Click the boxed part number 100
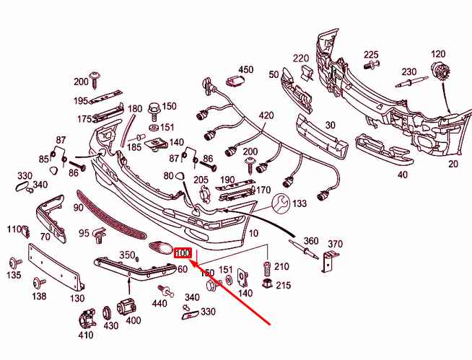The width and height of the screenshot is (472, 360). [183, 253]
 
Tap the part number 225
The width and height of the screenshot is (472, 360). [371, 55]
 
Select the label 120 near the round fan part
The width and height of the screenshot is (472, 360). [439, 55]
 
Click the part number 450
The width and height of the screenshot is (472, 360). [246, 69]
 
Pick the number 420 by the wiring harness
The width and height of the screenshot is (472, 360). [266, 115]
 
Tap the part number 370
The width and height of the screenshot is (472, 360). [335, 243]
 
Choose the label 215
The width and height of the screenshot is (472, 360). [283, 286]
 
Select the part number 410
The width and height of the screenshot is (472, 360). [86, 335]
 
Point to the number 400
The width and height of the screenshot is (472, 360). [134, 320]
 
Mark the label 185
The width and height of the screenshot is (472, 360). [135, 147]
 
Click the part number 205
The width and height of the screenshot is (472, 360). [201, 180]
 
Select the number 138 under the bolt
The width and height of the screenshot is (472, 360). [39, 296]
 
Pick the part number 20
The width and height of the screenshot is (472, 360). [453, 164]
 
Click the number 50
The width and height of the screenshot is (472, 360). [274, 74]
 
